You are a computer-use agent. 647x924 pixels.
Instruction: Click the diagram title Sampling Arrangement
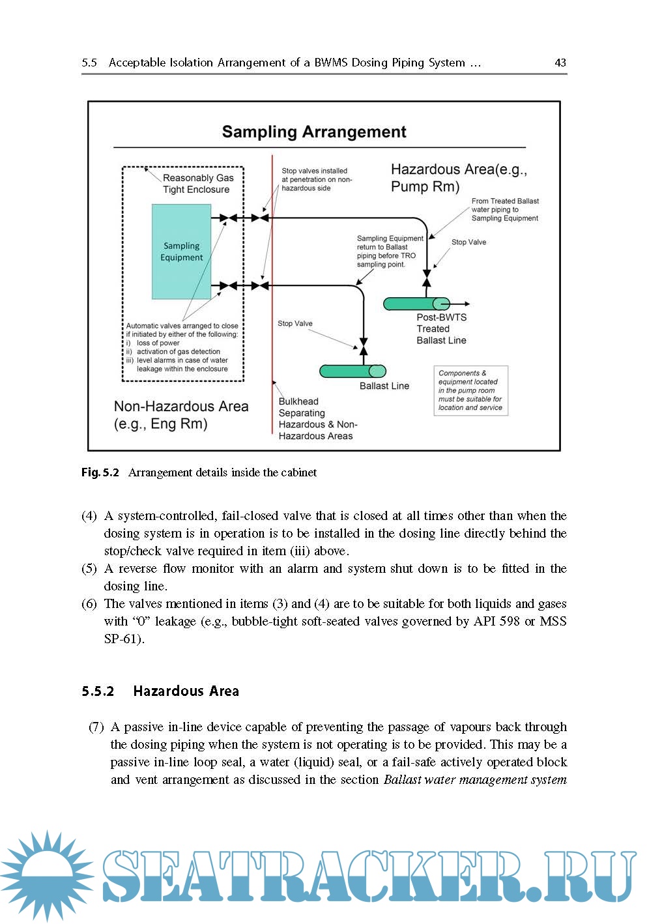pyautogui.click(x=313, y=132)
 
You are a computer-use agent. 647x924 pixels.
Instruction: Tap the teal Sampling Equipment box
pyautogui.click(x=181, y=252)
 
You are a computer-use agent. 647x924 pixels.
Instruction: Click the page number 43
pyautogui.click(x=560, y=63)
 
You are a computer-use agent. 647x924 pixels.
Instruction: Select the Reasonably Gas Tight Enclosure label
pyautogui.click(x=197, y=184)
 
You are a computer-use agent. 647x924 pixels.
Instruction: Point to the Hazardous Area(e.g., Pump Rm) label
pyautogui.click(x=458, y=178)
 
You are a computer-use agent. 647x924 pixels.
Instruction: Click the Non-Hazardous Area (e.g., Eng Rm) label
pyautogui.click(x=180, y=415)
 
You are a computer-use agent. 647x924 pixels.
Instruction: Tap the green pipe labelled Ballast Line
pyautogui.click(x=352, y=371)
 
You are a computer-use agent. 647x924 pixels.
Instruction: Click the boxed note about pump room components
pyautogui.click(x=470, y=390)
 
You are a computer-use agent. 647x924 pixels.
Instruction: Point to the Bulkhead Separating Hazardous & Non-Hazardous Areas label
pyautogui.click(x=317, y=418)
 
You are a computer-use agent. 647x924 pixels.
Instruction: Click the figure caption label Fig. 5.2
pyautogui.click(x=100, y=472)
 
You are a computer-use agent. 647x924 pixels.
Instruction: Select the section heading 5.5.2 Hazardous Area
pyautogui.click(x=160, y=691)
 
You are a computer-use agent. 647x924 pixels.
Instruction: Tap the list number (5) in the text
pyautogui.click(x=89, y=569)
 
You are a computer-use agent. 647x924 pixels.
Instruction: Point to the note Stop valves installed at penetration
pyautogui.click(x=316, y=179)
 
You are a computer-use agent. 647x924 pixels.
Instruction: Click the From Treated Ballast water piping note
pyautogui.click(x=505, y=210)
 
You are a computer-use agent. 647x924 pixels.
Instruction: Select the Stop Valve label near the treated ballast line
pyautogui.click(x=468, y=242)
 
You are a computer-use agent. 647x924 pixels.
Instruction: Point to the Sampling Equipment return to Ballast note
pyautogui.click(x=389, y=252)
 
